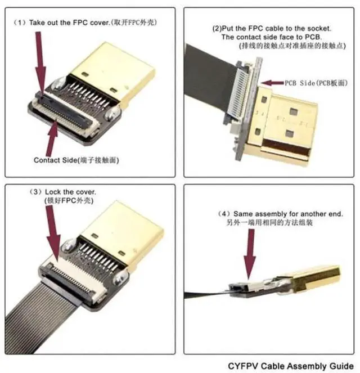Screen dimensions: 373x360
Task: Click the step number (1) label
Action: pyautogui.click(x=20, y=23)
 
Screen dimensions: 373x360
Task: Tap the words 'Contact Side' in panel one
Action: pyautogui.click(x=54, y=160)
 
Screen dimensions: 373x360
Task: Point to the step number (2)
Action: pyautogui.click(x=217, y=28)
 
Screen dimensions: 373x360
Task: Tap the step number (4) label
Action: pyautogui.click(x=224, y=214)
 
